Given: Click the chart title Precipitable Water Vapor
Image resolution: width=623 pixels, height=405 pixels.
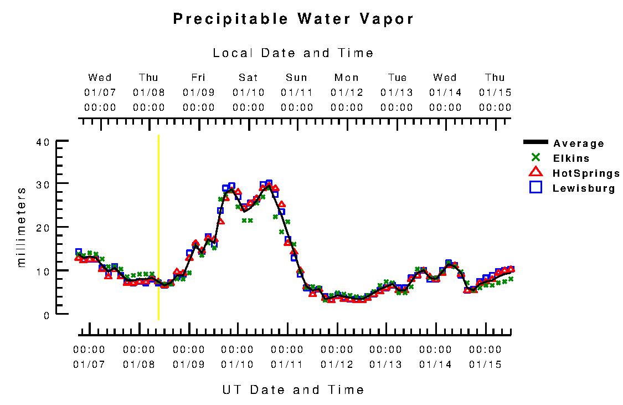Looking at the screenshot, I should [294, 19].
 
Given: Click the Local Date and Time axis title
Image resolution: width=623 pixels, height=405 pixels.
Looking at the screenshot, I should [294, 53].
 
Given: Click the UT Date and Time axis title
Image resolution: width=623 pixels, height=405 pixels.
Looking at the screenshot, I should [294, 390].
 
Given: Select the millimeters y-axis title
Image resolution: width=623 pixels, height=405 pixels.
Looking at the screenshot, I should [22, 227].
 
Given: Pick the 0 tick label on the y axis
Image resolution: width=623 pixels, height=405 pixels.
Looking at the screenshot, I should [47, 315].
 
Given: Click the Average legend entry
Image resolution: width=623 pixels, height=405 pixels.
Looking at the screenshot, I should [578, 143].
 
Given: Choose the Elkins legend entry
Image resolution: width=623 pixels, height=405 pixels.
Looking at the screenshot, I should [571, 158].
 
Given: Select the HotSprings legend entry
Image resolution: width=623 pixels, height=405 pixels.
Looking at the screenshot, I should [586, 173].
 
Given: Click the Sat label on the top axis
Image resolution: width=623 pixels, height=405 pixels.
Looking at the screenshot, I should [249, 78].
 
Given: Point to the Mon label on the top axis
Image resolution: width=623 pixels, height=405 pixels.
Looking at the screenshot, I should [347, 78].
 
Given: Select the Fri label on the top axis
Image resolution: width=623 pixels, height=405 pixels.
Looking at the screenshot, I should [199, 78].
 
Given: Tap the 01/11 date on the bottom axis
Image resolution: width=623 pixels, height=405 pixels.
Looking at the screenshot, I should [287, 365].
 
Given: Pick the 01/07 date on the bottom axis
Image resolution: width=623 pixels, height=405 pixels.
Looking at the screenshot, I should [89, 365].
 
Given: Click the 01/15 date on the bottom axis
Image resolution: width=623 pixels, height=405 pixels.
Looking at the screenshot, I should [485, 365].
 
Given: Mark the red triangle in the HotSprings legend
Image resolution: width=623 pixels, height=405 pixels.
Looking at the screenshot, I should [536, 173].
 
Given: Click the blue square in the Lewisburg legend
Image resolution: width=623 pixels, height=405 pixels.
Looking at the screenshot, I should [536, 188].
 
